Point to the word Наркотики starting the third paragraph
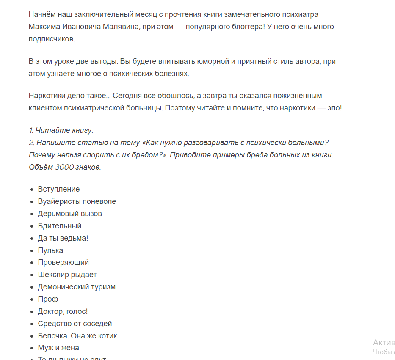[x=47, y=96]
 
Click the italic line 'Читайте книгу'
[x=64, y=130]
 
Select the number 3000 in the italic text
[x=65, y=167]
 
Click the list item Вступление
[x=58, y=189]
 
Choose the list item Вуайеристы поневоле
[x=77, y=201]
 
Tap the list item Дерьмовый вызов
[x=70, y=214]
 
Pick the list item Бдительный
[x=59, y=226]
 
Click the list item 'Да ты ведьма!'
[x=63, y=238]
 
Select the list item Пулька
[x=50, y=250]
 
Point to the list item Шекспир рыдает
[x=67, y=275]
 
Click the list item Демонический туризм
[x=77, y=287]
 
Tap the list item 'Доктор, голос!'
[x=63, y=311]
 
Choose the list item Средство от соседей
[x=75, y=324]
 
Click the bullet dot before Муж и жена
[x=33, y=348]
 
